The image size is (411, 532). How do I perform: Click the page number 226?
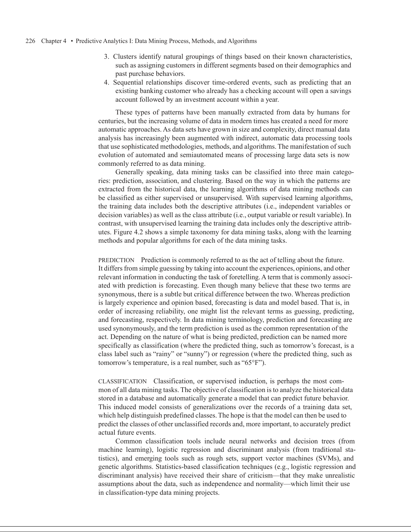pyautogui.click(x=31, y=41)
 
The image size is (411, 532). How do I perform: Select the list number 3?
pyautogui.click(x=106, y=57)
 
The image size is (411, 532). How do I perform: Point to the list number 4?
pyautogui.click(x=106, y=83)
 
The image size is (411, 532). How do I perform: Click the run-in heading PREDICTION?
pyautogui.click(x=116, y=260)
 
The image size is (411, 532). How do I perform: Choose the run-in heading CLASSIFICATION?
pyautogui.click(x=122, y=382)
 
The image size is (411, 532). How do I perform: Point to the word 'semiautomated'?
pyautogui.click(x=198, y=155)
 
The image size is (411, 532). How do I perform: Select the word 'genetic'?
pyautogui.click(x=108, y=467)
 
